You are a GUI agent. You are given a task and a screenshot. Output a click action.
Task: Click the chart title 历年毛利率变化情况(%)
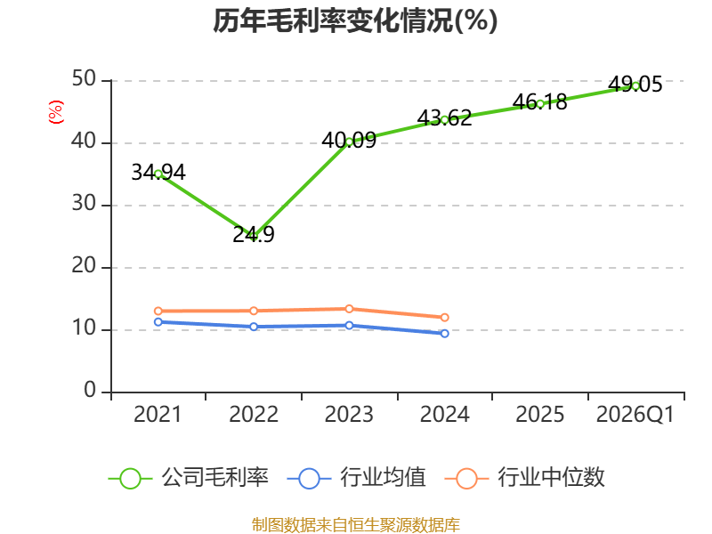click(355, 20)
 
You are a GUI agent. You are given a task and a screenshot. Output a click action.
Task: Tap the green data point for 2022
click(254, 237)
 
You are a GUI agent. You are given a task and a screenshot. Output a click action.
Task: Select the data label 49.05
click(635, 84)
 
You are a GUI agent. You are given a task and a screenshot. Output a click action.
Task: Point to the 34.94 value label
click(158, 172)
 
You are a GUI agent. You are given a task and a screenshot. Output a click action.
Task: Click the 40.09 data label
click(349, 141)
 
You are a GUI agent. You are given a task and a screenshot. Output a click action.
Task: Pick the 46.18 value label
click(540, 101)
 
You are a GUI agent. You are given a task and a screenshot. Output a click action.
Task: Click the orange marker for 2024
click(444, 318)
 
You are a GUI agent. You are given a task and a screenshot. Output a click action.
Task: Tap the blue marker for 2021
click(158, 322)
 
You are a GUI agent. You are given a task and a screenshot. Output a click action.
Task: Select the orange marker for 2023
click(349, 309)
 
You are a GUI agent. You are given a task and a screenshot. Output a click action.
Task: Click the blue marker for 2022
click(254, 327)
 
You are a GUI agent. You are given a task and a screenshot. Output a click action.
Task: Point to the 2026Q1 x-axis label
click(635, 414)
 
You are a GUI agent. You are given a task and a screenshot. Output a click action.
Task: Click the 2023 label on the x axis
click(349, 414)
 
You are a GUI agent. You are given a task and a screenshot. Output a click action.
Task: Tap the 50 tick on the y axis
click(84, 79)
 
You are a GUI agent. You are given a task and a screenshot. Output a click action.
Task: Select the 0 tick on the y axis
click(90, 390)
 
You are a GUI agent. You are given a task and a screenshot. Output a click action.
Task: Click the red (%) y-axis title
click(56, 112)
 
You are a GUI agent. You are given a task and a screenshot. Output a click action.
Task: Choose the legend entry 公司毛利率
click(189, 478)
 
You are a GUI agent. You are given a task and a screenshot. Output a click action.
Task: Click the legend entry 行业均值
click(357, 478)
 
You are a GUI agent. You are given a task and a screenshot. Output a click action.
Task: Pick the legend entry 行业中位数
click(524, 478)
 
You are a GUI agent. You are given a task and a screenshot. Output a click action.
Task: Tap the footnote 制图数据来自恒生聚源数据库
click(356, 525)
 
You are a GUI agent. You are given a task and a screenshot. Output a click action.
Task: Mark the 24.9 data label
click(254, 234)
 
